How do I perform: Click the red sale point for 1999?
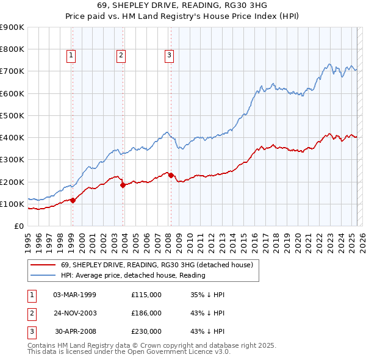click(73, 200)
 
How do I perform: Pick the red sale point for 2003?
click(123, 184)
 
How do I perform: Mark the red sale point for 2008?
click(171, 175)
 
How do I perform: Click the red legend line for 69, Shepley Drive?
click(43, 264)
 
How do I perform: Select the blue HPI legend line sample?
click(43, 275)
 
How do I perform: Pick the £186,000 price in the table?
click(146, 313)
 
